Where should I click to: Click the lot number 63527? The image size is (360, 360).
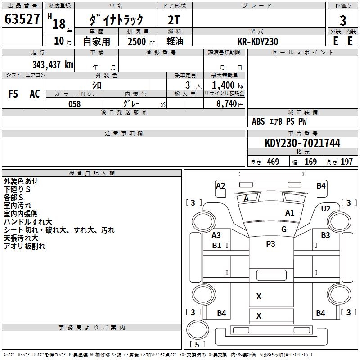click(22, 19)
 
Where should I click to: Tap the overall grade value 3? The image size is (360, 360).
click(343, 21)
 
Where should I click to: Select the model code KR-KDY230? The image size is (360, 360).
click(258, 41)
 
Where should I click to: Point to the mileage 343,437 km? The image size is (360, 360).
click(53, 65)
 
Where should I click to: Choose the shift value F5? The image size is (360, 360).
click(13, 94)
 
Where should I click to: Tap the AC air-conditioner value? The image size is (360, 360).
click(35, 94)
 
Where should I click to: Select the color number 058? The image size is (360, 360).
click(75, 104)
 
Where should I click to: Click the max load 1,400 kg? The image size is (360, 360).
click(227, 85)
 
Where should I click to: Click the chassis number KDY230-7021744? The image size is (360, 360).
click(302, 143)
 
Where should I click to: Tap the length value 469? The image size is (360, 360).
click(273, 162)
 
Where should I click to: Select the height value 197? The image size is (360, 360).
click(346, 162)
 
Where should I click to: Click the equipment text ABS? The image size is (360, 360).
click(258, 121)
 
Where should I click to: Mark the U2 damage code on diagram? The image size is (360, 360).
click(325, 209)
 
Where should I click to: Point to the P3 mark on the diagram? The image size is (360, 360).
click(270, 243)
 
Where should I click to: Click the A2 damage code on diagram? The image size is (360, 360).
click(220, 186)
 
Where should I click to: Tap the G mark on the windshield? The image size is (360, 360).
click(284, 229)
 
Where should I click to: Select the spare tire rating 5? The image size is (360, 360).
click(197, 344)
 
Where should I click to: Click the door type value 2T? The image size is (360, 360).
click(174, 20)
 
